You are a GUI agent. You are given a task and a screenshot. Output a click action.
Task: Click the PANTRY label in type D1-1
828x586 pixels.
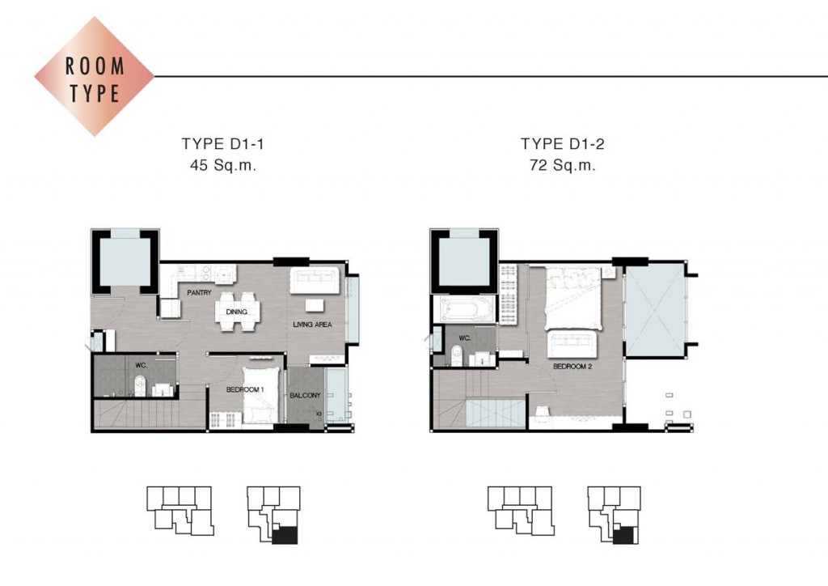click(199, 292)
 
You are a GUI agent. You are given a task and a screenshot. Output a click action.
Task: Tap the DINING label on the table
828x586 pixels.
click(237, 312)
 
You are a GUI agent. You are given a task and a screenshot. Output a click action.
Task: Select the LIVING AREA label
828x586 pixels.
click(313, 325)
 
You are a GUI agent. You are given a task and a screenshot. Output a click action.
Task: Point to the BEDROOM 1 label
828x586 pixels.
click(245, 389)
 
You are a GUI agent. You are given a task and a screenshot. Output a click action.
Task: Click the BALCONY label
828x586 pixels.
click(305, 395)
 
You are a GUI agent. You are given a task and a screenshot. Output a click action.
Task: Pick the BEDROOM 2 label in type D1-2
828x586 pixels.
click(572, 366)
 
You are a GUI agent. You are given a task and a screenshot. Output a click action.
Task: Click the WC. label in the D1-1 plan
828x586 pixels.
click(141, 365)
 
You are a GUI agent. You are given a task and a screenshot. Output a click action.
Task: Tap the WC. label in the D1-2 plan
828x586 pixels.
click(465, 338)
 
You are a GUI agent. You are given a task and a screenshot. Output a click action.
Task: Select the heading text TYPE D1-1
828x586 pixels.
click(223, 144)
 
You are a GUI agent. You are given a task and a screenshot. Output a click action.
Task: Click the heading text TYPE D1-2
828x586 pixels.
click(563, 144)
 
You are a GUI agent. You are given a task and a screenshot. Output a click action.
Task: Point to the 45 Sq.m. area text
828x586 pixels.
click(223, 165)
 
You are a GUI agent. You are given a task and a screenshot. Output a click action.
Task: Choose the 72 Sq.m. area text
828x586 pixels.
click(563, 165)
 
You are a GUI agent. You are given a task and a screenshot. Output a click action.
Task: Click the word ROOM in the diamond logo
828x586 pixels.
click(95, 66)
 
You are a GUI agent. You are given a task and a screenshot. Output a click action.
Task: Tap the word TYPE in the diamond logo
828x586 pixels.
click(95, 93)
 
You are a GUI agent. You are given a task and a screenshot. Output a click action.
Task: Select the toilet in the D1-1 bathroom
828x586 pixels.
click(140, 384)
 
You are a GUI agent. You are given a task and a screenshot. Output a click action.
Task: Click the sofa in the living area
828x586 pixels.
click(315, 280)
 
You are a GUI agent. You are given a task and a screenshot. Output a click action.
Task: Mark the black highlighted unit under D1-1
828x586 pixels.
click(285, 535)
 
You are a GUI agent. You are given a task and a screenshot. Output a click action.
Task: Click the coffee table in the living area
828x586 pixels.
click(315, 306)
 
